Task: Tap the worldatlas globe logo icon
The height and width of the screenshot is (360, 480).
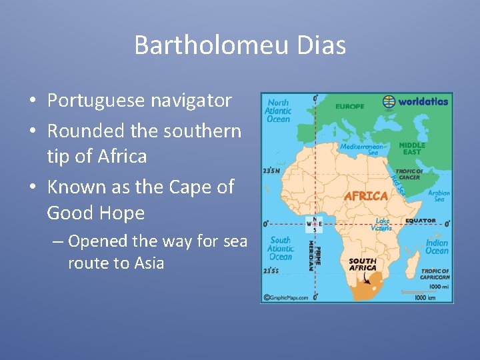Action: tap(389, 101)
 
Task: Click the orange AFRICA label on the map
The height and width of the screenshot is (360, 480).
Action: tap(365, 196)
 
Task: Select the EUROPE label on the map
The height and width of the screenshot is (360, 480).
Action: tap(350, 107)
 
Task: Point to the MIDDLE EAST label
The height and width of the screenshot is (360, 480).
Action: tap(411, 148)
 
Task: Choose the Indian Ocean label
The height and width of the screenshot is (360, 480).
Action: tap(437, 247)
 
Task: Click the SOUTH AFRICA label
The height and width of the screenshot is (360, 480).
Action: tap(363, 265)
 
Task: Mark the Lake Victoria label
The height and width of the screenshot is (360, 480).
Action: tap(383, 224)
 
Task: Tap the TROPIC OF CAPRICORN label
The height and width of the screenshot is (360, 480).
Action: tap(435, 274)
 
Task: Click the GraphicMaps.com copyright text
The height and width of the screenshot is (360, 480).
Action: tap(286, 298)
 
